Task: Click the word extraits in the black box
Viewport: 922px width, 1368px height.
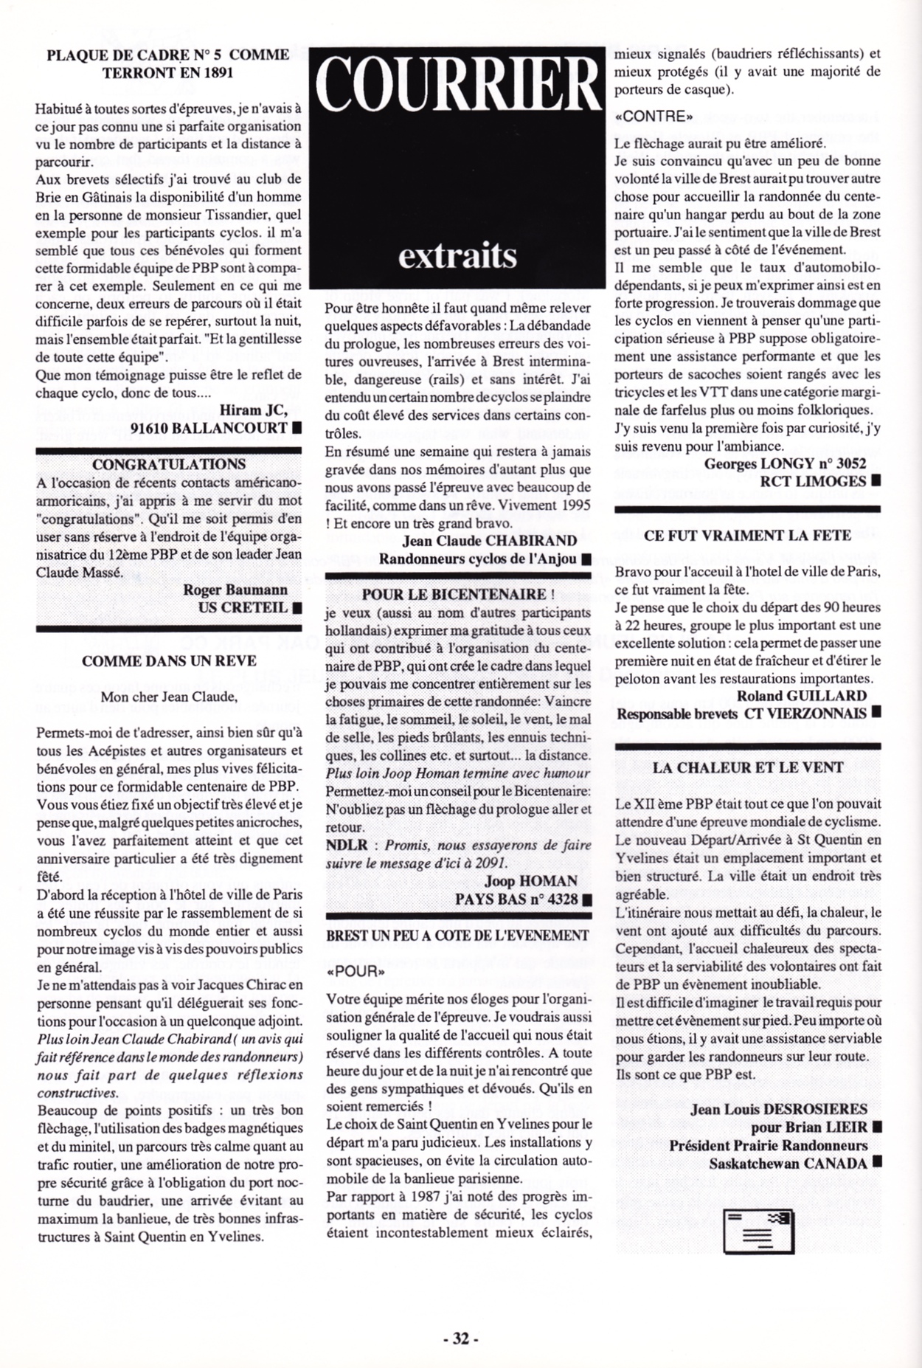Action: pyautogui.click(x=457, y=255)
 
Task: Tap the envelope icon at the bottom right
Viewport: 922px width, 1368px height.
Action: pyautogui.click(x=759, y=1231)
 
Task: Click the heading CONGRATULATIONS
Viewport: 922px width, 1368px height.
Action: pyautogui.click(x=169, y=464)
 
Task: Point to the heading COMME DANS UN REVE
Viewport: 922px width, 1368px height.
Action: pyautogui.click(x=169, y=660)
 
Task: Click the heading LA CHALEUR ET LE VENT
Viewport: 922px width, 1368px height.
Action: pyautogui.click(x=747, y=767)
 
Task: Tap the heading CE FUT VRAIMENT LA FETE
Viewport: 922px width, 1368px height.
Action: pyautogui.click(x=747, y=536)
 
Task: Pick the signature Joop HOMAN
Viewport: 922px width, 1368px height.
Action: pyautogui.click(x=531, y=881)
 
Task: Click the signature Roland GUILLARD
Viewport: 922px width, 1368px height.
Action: pyautogui.click(x=802, y=696)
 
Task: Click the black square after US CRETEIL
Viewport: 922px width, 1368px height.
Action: pyautogui.click(x=297, y=608)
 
